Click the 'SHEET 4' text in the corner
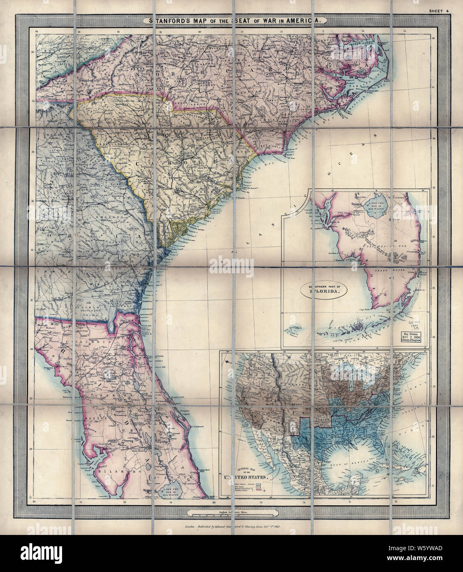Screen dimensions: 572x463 (x=438, y=12)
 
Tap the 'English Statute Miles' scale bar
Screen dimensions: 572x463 (x=232, y=513)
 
